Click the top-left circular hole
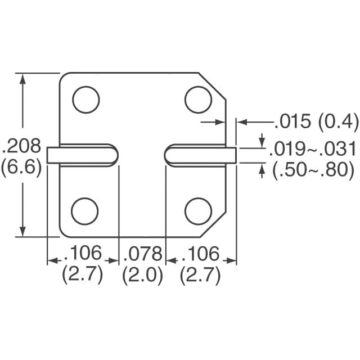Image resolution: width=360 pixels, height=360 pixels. click(x=85, y=100)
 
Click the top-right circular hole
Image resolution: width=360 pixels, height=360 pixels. click(x=198, y=100)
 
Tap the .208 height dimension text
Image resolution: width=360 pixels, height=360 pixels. click(x=22, y=147)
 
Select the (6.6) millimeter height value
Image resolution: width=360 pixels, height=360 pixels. click(x=22, y=169)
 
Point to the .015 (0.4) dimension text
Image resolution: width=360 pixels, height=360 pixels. click(x=316, y=121)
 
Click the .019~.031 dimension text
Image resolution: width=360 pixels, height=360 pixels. click(x=313, y=149)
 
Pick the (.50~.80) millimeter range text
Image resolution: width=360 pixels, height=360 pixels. click(x=313, y=170)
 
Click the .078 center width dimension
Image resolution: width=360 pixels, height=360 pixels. click(x=142, y=254)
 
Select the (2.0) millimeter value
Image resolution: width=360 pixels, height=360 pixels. click(x=142, y=276)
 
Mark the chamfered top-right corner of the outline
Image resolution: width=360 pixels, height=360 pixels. click(x=213, y=86)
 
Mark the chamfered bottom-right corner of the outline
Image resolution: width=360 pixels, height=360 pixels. click(x=213, y=224)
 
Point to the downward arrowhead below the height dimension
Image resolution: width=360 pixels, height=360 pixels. click(x=22, y=232)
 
